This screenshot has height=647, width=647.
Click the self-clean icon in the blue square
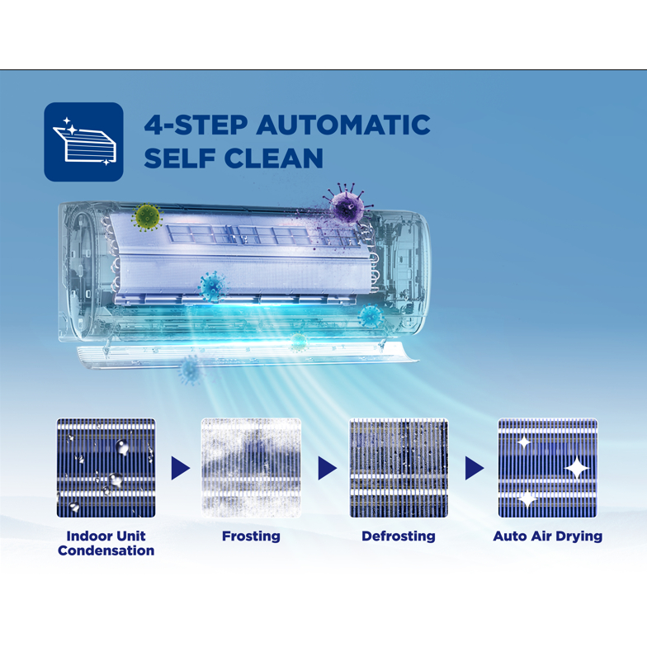pos(84,142)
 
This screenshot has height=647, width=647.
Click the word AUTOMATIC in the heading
pos(343,125)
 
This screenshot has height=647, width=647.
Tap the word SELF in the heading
pos(180,158)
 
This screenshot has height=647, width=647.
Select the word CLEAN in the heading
pos(274,158)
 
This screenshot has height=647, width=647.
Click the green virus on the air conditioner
pos(147,217)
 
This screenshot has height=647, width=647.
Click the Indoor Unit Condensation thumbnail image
pos(106,468)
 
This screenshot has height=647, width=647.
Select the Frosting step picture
pos(251,468)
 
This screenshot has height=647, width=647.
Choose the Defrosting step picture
pos(399,468)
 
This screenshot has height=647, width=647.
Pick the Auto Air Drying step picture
pos(548,468)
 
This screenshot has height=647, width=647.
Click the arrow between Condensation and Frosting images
pos(180,468)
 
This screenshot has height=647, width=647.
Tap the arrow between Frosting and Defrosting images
pos(327,468)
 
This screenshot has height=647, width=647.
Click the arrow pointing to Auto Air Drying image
pos(475,468)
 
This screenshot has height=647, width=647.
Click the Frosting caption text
pos(251,536)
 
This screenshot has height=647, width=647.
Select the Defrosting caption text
pos(399,536)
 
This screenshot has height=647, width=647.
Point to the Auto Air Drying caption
pos(548,536)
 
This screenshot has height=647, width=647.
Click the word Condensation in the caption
pos(106,550)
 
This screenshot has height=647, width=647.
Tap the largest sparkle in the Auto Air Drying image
pos(576,468)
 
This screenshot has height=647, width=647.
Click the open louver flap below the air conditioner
pos(248,354)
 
